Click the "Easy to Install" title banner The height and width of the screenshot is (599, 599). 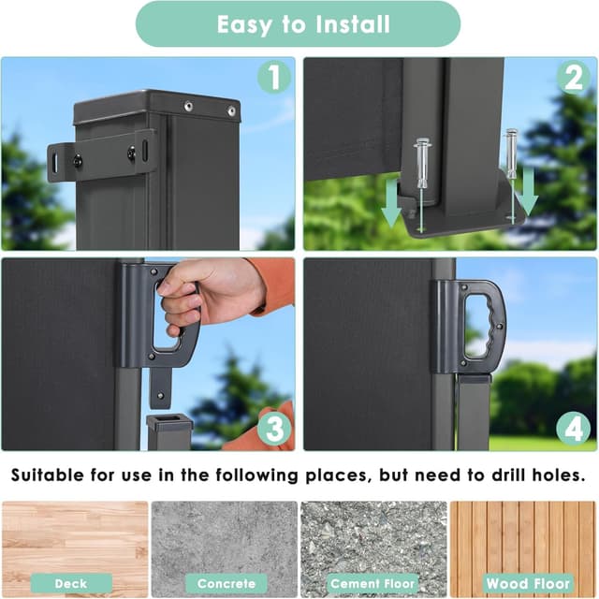(298, 24)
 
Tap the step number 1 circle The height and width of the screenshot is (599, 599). (274, 78)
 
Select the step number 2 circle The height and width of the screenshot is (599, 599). (574, 78)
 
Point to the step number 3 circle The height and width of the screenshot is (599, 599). (273, 429)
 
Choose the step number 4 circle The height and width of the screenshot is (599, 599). (574, 429)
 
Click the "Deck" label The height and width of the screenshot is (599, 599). (71, 583)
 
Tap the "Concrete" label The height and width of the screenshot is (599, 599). (226, 583)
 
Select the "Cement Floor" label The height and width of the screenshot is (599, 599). (373, 583)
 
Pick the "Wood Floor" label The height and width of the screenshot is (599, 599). (528, 583)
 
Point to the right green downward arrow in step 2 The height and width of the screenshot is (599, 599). (528, 191)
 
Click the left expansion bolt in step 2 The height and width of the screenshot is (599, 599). (422, 163)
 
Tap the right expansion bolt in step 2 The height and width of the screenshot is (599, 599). (511, 154)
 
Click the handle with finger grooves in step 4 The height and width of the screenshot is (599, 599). (483, 324)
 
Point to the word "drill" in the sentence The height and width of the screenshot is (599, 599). (511, 475)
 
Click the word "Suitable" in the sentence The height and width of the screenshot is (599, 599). (47, 475)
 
